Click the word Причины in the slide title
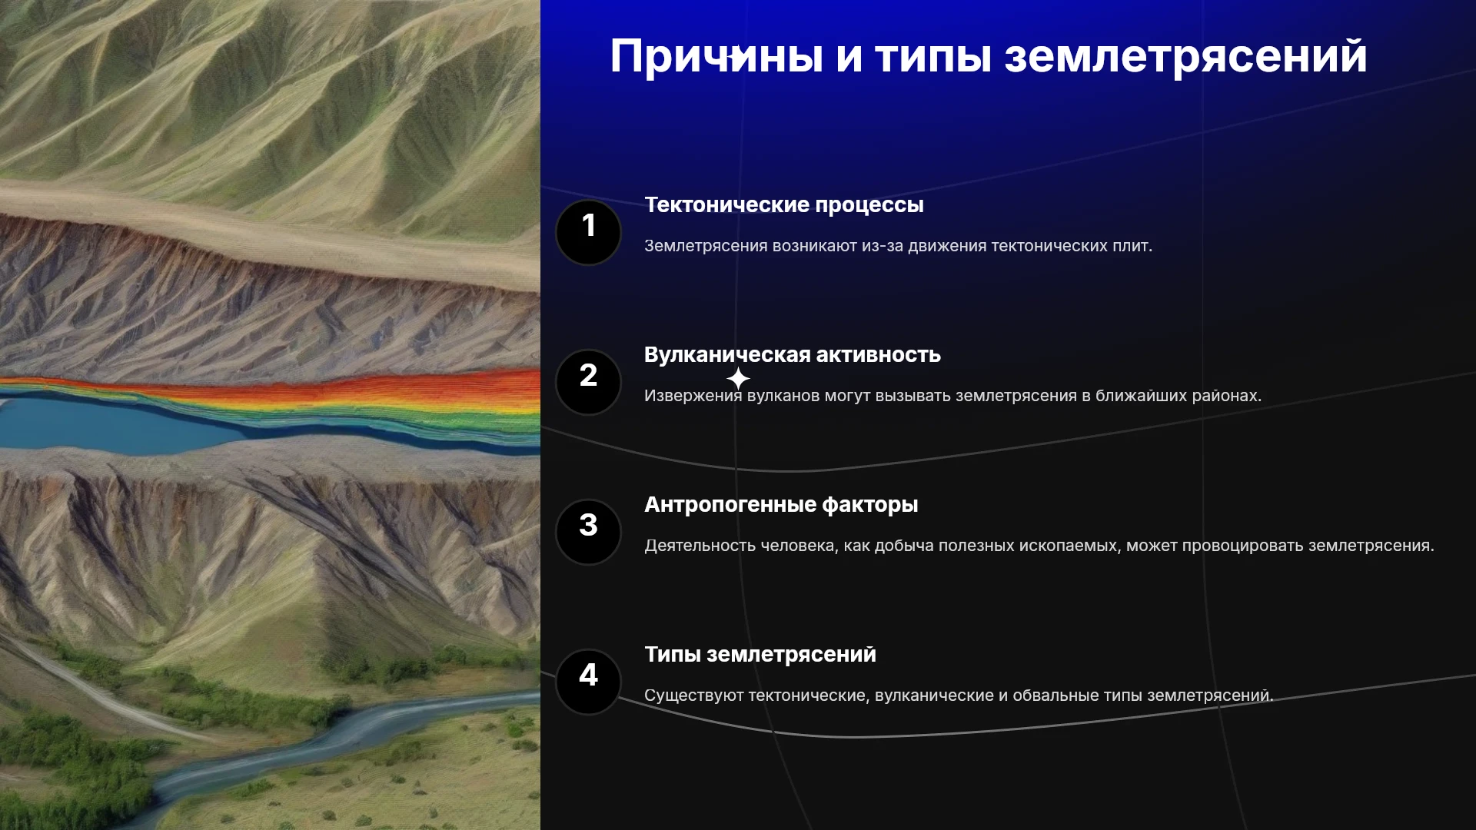pyautogui.click(x=716, y=56)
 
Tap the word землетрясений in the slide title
pyautogui.click(x=1185, y=56)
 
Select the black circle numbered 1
pyautogui.click(x=588, y=232)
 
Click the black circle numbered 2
pyautogui.click(x=588, y=382)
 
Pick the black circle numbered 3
pyautogui.click(x=588, y=532)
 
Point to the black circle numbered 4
pyautogui.click(x=588, y=682)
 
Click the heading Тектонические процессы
pyautogui.click(x=783, y=205)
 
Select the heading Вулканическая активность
pyautogui.click(x=792, y=355)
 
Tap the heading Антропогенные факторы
pyautogui.click(x=781, y=505)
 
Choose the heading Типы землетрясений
pyautogui.click(x=760, y=655)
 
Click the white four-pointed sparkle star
pyautogui.click(x=738, y=378)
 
